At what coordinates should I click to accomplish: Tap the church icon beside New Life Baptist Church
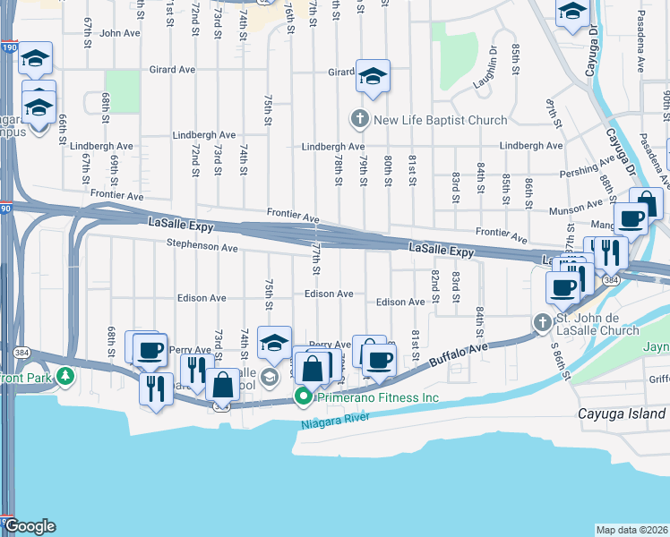[x=359, y=119]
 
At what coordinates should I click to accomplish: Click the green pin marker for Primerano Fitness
[x=304, y=396]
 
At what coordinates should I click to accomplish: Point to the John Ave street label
[x=120, y=33]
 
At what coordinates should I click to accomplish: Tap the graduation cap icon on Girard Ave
[x=373, y=76]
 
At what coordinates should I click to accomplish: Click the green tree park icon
[x=64, y=378]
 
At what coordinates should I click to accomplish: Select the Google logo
[x=30, y=526]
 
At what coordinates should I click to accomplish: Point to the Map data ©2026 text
[x=632, y=530]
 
